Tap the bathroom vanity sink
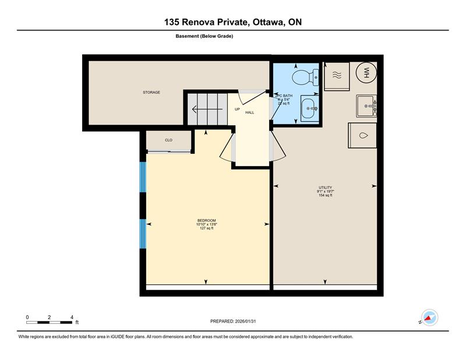[309, 108]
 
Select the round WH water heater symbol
[367, 72]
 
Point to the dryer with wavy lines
[337, 75]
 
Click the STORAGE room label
[151, 93]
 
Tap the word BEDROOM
[207, 220]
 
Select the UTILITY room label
[325, 188]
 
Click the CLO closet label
[168, 140]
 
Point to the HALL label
[249, 112]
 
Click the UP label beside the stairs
[237, 109]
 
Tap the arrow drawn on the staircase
[204, 108]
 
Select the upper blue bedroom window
[142, 177]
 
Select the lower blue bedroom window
[142, 233]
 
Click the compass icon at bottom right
[429, 317]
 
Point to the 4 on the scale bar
[72, 317]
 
